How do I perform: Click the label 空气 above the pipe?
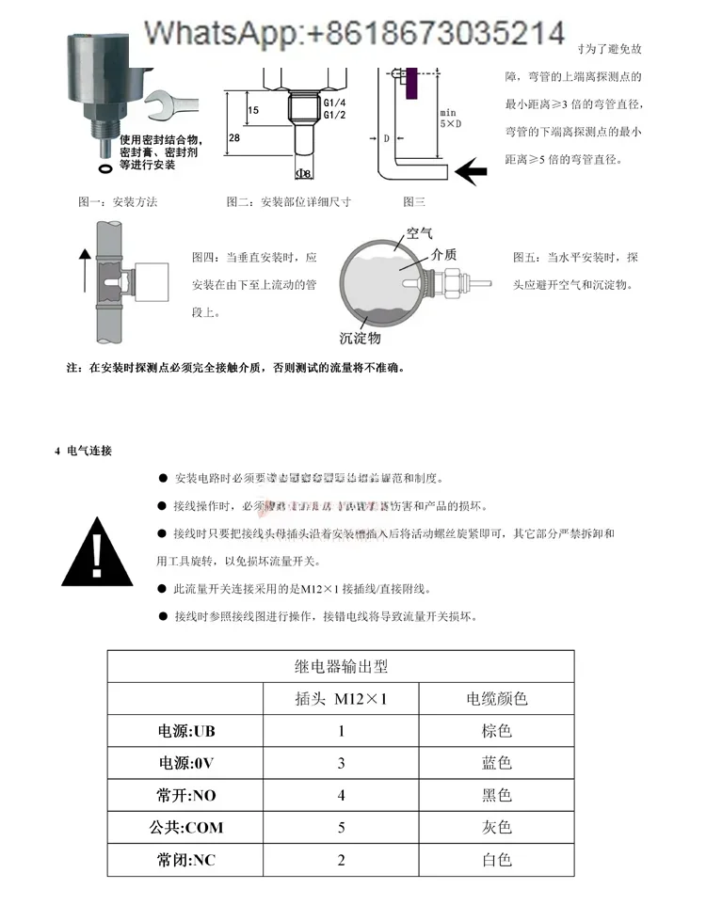click(419, 233)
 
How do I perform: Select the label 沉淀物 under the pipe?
click(360, 338)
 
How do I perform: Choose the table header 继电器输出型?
click(341, 667)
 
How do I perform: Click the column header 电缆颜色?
click(496, 699)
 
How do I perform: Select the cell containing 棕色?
click(496, 731)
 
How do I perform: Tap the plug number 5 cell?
click(341, 828)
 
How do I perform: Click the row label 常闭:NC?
click(186, 860)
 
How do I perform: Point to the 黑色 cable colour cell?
click(496, 796)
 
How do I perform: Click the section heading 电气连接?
click(89, 452)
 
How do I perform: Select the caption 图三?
click(414, 201)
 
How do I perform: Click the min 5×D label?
click(449, 118)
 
